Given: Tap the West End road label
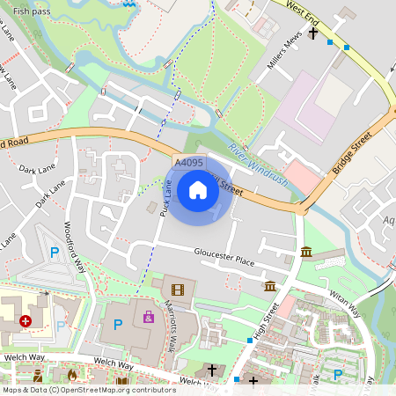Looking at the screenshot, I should click(x=303, y=16).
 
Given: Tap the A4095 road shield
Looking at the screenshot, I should click(x=188, y=163).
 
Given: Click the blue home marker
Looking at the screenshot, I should click(x=198, y=190).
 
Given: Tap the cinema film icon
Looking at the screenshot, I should click(x=179, y=288).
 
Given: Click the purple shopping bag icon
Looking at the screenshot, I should click(x=148, y=317).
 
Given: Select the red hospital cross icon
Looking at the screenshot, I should click(x=26, y=322).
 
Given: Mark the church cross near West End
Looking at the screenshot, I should click(x=312, y=33).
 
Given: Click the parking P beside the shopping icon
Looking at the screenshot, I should click(x=118, y=325).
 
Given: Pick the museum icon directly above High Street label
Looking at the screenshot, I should click(x=269, y=287).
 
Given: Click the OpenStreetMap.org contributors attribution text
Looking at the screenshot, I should click(x=114, y=390).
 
